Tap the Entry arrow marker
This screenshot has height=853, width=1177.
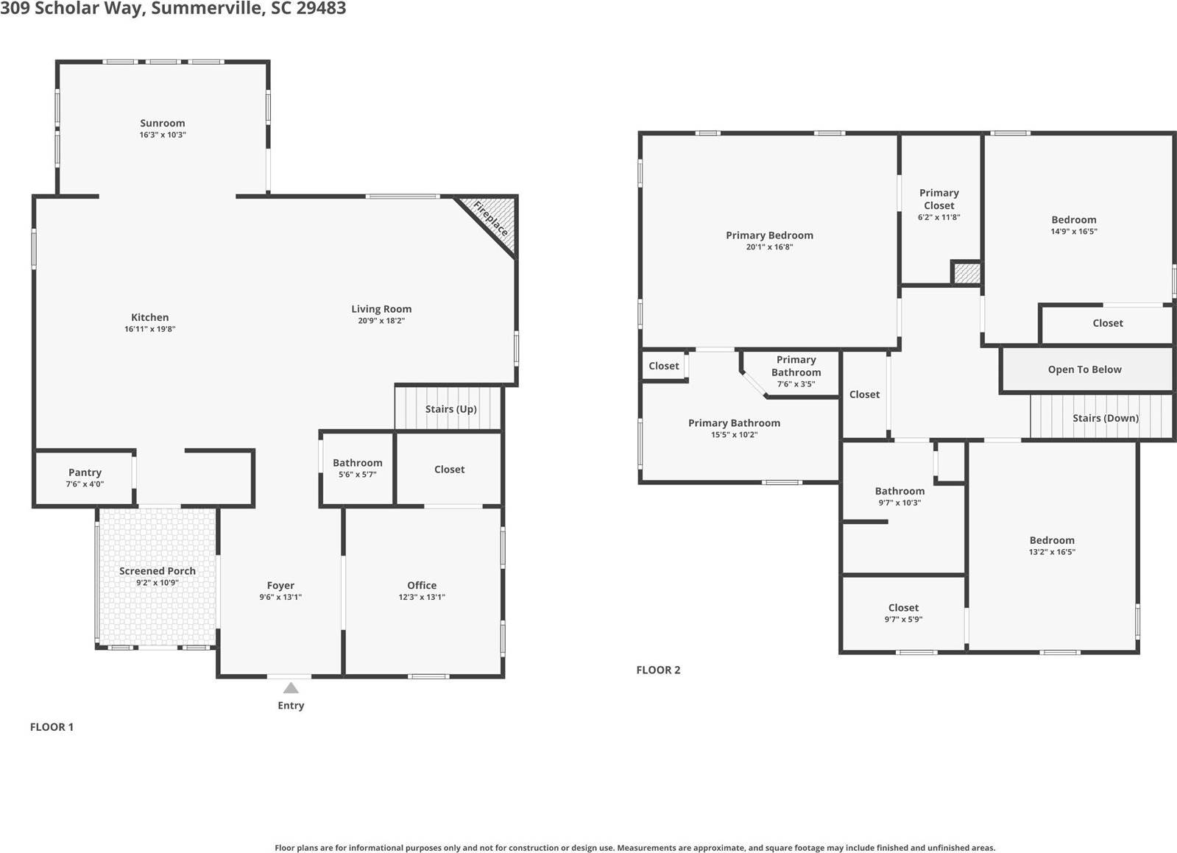(x=291, y=688)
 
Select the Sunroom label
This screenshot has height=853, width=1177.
(x=163, y=123)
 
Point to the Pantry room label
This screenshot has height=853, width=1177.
(x=85, y=472)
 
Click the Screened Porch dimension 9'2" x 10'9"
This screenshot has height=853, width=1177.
(x=157, y=583)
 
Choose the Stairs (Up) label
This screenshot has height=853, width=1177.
(x=450, y=409)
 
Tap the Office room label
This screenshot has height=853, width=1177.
(x=422, y=585)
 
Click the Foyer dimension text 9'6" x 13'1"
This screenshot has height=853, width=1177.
(x=280, y=598)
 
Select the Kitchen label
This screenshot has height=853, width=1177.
(x=150, y=317)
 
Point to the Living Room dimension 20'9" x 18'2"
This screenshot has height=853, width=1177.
(x=381, y=321)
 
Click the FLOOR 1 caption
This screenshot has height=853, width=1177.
(x=52, y=727)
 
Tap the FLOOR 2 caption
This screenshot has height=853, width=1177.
(x=658, y=670)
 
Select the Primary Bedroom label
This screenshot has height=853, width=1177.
(x=769, y=236)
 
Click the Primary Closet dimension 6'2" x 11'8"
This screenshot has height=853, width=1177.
(x=939, y=217)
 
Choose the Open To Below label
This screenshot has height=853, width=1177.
(x=1084, y=369)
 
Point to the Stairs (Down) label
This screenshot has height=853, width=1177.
(x=1105, y=418)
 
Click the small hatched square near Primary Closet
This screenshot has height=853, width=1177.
(x=966, y=273)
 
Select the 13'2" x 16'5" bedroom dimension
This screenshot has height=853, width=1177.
(x=1052, y=552)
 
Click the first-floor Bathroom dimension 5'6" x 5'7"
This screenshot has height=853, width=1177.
(x=357, y=475)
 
